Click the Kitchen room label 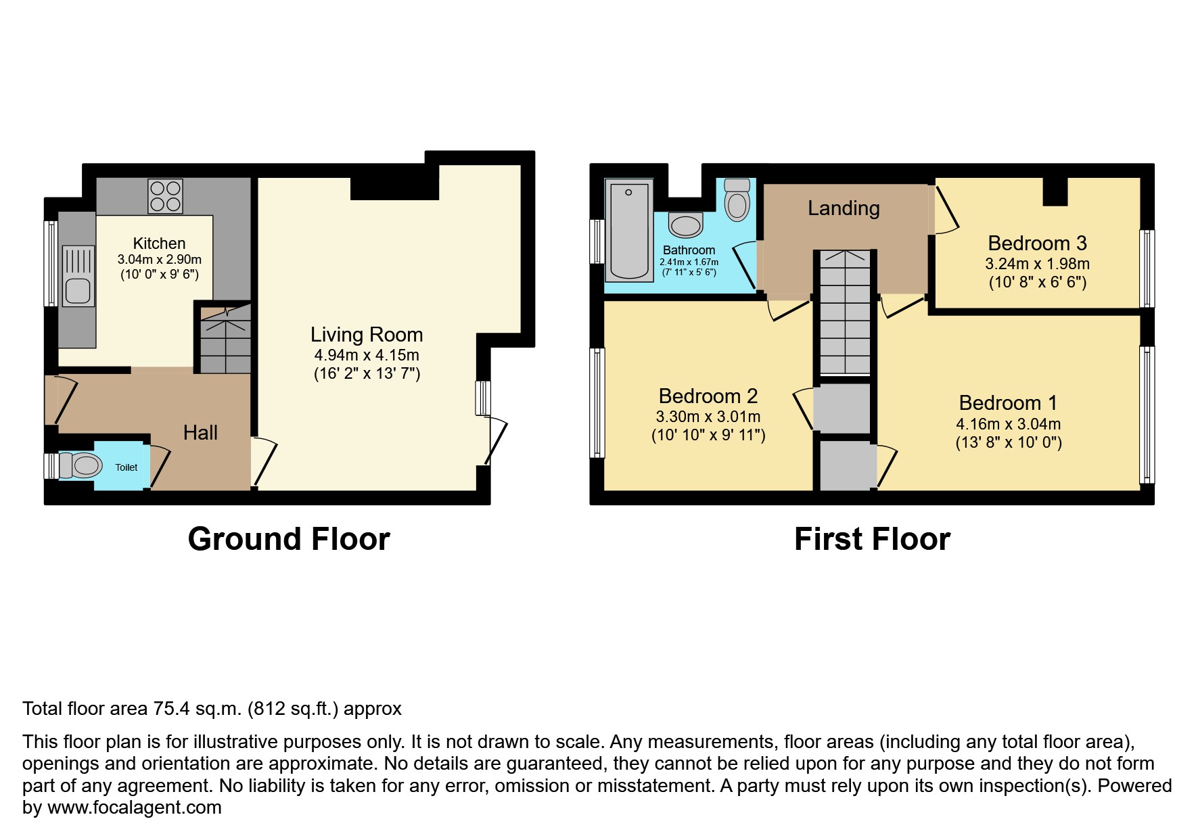[159, 243]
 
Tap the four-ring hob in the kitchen [165, 195]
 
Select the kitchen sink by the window [78, 291]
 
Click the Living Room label [367, 334]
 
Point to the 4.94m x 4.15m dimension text [367, 355]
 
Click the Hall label [200, 433]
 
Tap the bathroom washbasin [686, 225]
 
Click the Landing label [844, 208]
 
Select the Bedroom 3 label [1037, 243]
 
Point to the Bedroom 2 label [708, 396]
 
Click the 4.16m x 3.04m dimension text [1008, 425]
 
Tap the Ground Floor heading [289, 539]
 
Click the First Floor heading [872, 539]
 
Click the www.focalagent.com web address [134, 808]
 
